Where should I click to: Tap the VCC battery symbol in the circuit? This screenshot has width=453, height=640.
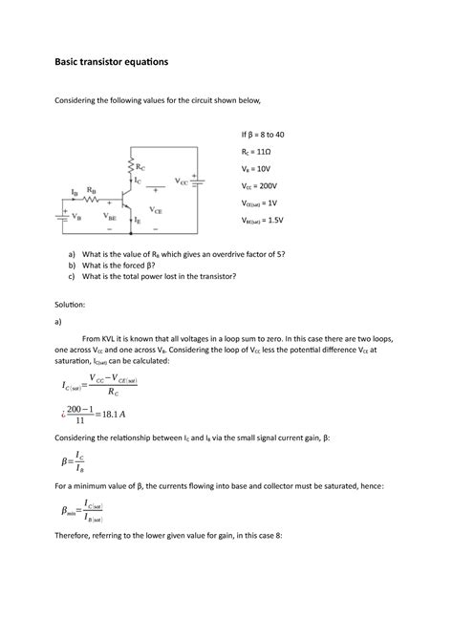tap(196, 181)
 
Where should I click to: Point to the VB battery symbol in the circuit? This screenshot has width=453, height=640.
tap(63, 215)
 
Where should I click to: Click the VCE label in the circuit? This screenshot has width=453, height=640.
tap(155, 207)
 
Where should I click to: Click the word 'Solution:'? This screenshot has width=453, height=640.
tap(71, 304)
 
